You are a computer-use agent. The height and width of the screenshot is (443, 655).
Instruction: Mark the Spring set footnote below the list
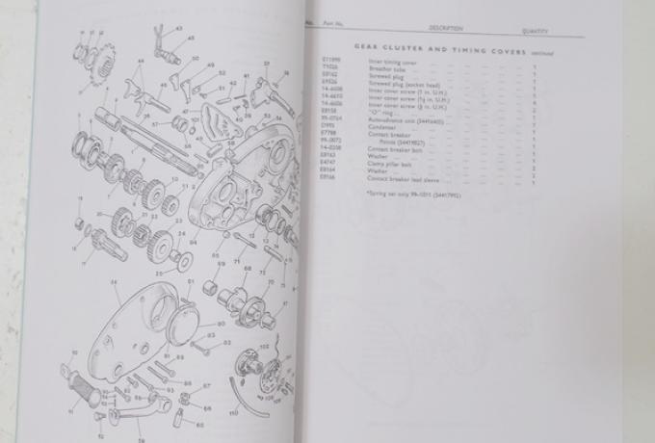point(402,195)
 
